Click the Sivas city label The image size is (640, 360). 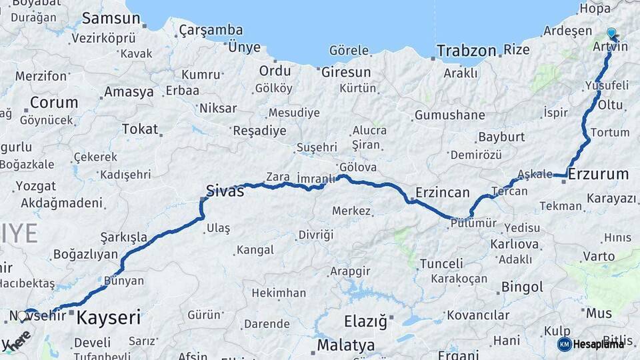(x=225, y=191)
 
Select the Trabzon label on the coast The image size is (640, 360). (x=467, y=50)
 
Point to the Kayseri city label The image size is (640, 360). (x=109, y=317)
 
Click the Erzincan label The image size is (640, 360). (x=443, y=193)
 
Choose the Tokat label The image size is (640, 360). (x=140, y=129)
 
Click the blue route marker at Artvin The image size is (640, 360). (x=611, y=33)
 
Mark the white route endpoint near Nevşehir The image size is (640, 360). (x=22, y=316)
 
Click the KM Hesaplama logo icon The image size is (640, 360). (x=565, y=344)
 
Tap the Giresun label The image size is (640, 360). (x=346, y=72)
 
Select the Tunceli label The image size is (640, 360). (x=441, y=263)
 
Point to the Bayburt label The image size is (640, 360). (x=501, y=137)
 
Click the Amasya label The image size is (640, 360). (x=129, y=92)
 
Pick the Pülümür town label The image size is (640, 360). (x=475, y=223)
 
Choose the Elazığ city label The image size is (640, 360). (x=365, y=322)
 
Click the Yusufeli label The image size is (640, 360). (x=606, y=85)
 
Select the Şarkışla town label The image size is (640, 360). (x=123, y=237)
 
